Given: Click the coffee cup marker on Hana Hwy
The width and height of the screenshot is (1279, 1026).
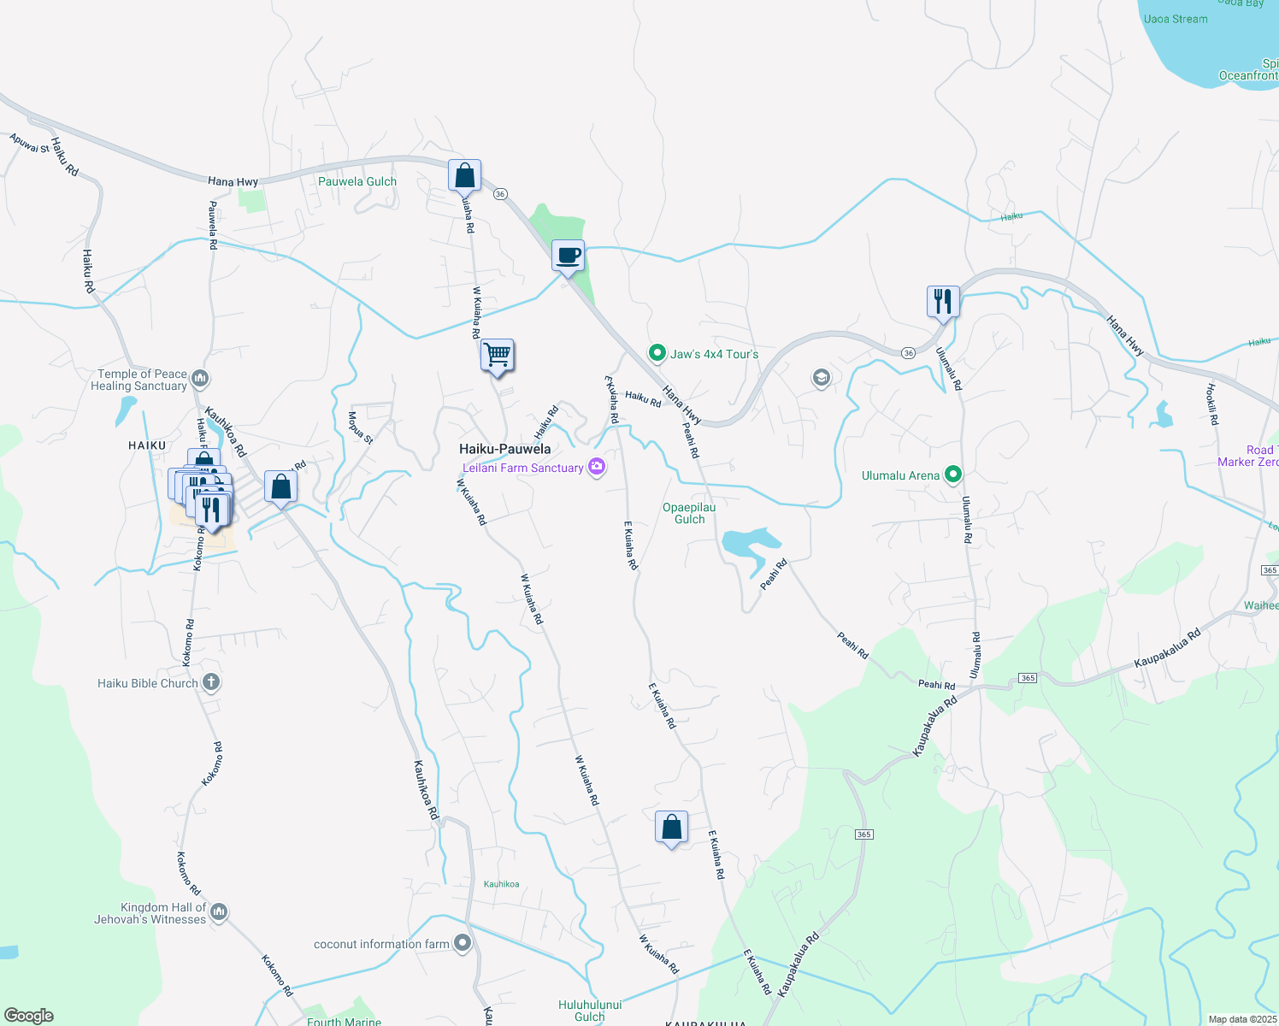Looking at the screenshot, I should pyautogui.click(x=568, y=255).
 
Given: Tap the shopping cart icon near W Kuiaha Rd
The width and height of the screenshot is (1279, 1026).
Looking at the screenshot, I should pyautogui.click(x=497, y=353).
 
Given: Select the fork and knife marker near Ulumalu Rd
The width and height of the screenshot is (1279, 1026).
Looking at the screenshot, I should pyautogui.click(x=942, y=301).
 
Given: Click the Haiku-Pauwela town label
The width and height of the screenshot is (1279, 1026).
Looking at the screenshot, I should pyautogui.click(x=504, y=449).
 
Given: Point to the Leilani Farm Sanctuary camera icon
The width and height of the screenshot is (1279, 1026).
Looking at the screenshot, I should pyautogui.click(x=597, y=468).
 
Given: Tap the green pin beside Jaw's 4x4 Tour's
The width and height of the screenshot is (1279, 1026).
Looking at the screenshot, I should pyautogui.click(x=657, y=353).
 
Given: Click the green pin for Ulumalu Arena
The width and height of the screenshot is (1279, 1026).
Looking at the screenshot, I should pyautogui.click(x=953, y=475).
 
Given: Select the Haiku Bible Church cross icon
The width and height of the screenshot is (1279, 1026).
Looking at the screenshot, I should pyautogui.click(x=211, y=682).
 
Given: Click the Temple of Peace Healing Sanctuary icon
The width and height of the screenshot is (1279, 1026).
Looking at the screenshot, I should pyautogui.click(x=200, y=378).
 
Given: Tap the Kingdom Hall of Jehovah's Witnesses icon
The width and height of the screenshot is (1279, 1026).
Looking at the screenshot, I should pyautogui.click(x=219, y=912).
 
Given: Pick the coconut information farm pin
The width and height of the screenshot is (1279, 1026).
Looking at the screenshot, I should pyautogui.click(x=463, y=943).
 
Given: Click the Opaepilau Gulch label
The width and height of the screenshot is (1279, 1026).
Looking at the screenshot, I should pyautogui.click(x=689, y=513).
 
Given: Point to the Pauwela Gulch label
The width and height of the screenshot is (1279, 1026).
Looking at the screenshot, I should pyautogui.click(x=357, y=181).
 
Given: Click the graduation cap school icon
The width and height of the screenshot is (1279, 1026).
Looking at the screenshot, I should pyautogui.click(x=821, y=377).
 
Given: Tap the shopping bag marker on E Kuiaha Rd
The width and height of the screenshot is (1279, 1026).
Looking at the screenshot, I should pyautogui.click(x=671, y=827).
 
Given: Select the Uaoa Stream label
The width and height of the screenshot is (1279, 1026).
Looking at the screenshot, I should pyautogui.click(x=1176, y=19).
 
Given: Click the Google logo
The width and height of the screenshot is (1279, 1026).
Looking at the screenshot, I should pyautogui.click(x=29, y=1016).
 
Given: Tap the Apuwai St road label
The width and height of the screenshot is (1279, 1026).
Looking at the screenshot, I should pyautogui.click(x=30, y=143).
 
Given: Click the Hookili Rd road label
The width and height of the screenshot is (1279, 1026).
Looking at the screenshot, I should pyautogui.click(x=1211, y=404).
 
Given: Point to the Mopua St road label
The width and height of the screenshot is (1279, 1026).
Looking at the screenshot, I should pyautogui.click(x=360, y=427).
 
